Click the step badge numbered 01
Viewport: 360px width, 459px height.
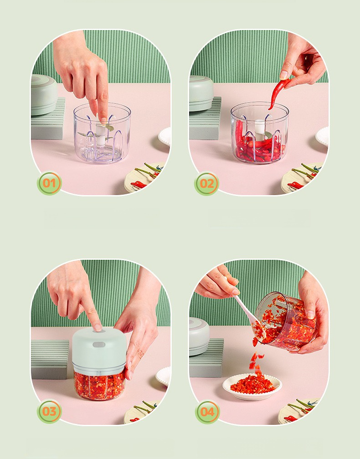pyautogui.click(x=49, y=183)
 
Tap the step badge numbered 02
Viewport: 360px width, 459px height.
pyautogui.click(x=206, y=184)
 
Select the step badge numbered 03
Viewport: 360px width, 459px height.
pyautogui.click(x=49, y=411)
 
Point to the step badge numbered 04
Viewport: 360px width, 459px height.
pyautogui.click(x=207, y=412)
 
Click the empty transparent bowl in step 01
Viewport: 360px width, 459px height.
pyautogui.click(x=102, y=133)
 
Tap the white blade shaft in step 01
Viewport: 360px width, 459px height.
pyautogui.click(x=101, y=134)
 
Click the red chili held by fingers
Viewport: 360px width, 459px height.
pyautogui.click(x=278, y=93)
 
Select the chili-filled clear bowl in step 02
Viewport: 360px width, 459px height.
pyautogui.click(x=259, y=133)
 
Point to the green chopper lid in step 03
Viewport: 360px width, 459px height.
pyautogui.click(x=99, y=348)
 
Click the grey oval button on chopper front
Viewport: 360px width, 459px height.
pyautogui.click(x=98, y=345)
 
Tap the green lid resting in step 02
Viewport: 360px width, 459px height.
pyautogui.click(x=201, y=93)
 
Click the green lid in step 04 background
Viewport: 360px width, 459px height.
pyautogui.click(x=199, y=337)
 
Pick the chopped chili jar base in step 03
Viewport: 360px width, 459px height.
pyautogui.click(x=99, y=385)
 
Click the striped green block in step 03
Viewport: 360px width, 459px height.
pyautogui.click(x=50, y=359)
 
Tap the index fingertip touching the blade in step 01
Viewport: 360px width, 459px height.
pyautogui.click(x=103, y=120)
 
